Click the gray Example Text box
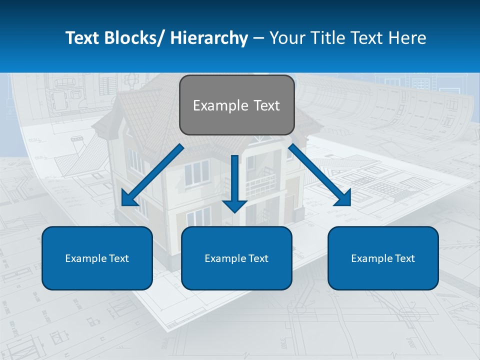pos(236,105)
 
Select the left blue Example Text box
pos(97,258)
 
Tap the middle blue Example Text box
pos(236,258)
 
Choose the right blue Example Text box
pos(383,258)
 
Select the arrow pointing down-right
pos(320,175)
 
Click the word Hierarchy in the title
pos(209,38)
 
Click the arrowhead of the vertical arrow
pos(234,205)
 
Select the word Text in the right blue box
pos(404,258)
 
